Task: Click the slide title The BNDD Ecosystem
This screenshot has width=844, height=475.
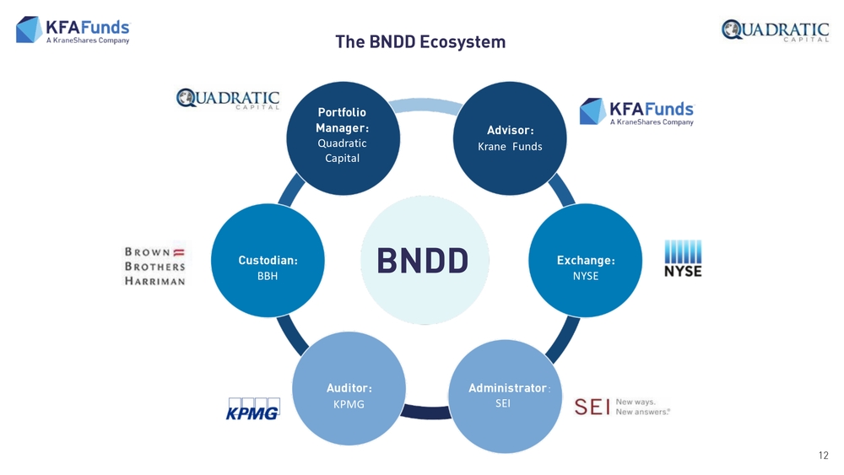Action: (x=420, y=41)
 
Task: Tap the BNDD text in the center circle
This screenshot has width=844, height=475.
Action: (x=422, y=261)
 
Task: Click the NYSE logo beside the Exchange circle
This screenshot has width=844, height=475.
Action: (x=683, y=258)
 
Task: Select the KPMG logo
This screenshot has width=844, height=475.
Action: (x=252, y=408)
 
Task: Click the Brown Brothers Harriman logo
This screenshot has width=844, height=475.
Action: (x=155, y=266)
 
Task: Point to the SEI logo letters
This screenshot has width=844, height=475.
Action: (x=592, y=407)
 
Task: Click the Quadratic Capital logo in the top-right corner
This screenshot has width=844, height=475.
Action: (x=775, y=32)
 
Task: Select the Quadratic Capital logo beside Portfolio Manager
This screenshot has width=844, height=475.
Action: (x=227, y=100)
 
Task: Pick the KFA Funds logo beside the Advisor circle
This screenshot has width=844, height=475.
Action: (x=636, y=111)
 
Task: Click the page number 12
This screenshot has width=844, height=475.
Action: (x=824, y=456)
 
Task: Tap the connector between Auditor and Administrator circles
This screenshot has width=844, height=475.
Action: (x=428, y=412)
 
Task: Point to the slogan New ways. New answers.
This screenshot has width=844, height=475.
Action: (x=643, y=407)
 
